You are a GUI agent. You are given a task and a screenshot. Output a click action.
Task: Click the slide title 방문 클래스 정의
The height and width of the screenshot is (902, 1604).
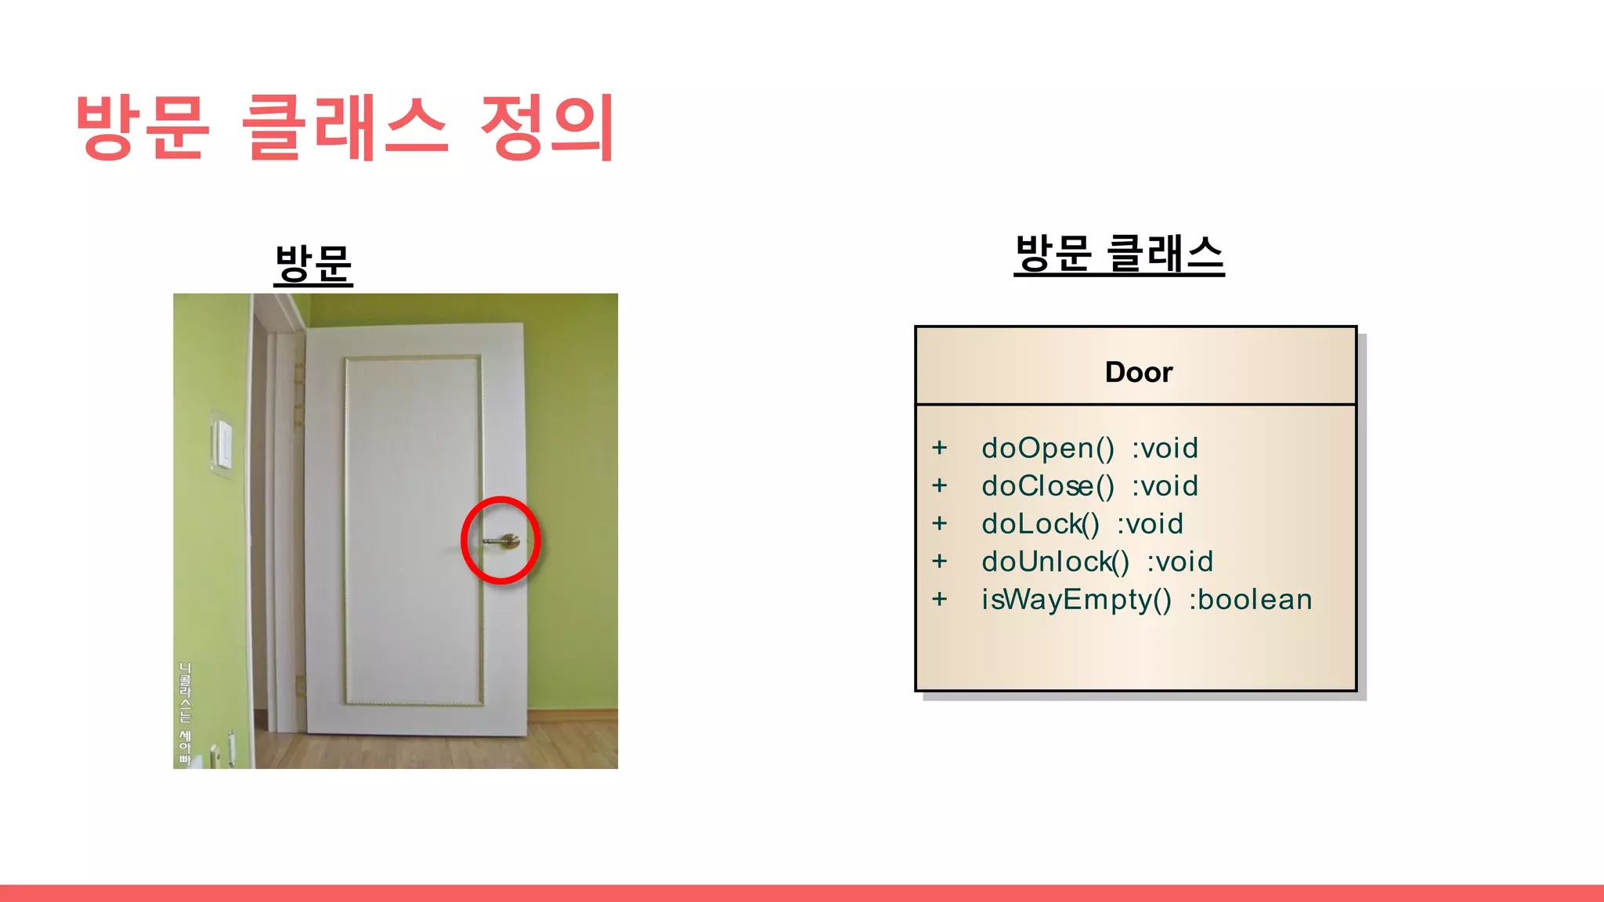click(345, 127)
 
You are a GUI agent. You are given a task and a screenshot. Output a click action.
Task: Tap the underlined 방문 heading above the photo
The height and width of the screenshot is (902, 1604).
click(313, 263)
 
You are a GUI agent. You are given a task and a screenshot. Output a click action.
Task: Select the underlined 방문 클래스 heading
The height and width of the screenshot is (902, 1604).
click(1118, 254)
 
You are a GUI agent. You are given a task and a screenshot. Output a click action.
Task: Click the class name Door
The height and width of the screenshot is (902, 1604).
click(1138, 372)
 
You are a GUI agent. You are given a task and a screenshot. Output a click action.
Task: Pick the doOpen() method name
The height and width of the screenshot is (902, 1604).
click(1048, 448)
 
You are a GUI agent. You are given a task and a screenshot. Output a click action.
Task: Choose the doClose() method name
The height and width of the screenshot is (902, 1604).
click(1048, 486)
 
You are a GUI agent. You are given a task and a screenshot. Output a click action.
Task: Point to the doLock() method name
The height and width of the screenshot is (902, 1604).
click(1041, 524)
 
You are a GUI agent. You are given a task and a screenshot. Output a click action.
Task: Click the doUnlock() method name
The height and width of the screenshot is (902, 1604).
click(1055, 561)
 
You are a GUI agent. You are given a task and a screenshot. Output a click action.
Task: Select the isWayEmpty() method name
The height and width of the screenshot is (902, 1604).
click(1076, 600)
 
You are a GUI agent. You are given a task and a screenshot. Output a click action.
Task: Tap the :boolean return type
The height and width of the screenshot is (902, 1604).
click(1250, 600)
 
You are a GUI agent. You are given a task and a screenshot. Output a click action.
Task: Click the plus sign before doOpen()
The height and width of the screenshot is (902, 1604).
click(940, 448)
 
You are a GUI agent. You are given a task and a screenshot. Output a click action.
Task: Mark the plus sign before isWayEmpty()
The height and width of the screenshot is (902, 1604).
click(940, 600)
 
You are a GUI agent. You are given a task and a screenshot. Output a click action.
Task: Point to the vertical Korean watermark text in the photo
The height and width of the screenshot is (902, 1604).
click(185, 713)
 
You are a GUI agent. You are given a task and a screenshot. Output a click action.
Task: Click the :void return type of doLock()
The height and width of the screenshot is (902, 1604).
click(1150, 524)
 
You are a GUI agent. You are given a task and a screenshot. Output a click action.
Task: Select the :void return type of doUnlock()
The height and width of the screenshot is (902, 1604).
click(1180, 561)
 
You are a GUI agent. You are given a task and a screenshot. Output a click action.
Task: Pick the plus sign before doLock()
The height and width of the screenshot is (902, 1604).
click(940, 524)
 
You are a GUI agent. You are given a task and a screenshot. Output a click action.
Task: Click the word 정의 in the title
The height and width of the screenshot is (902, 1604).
click(547, 127)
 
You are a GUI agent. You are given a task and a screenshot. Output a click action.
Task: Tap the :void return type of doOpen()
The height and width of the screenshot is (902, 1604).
click(1165, 448)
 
